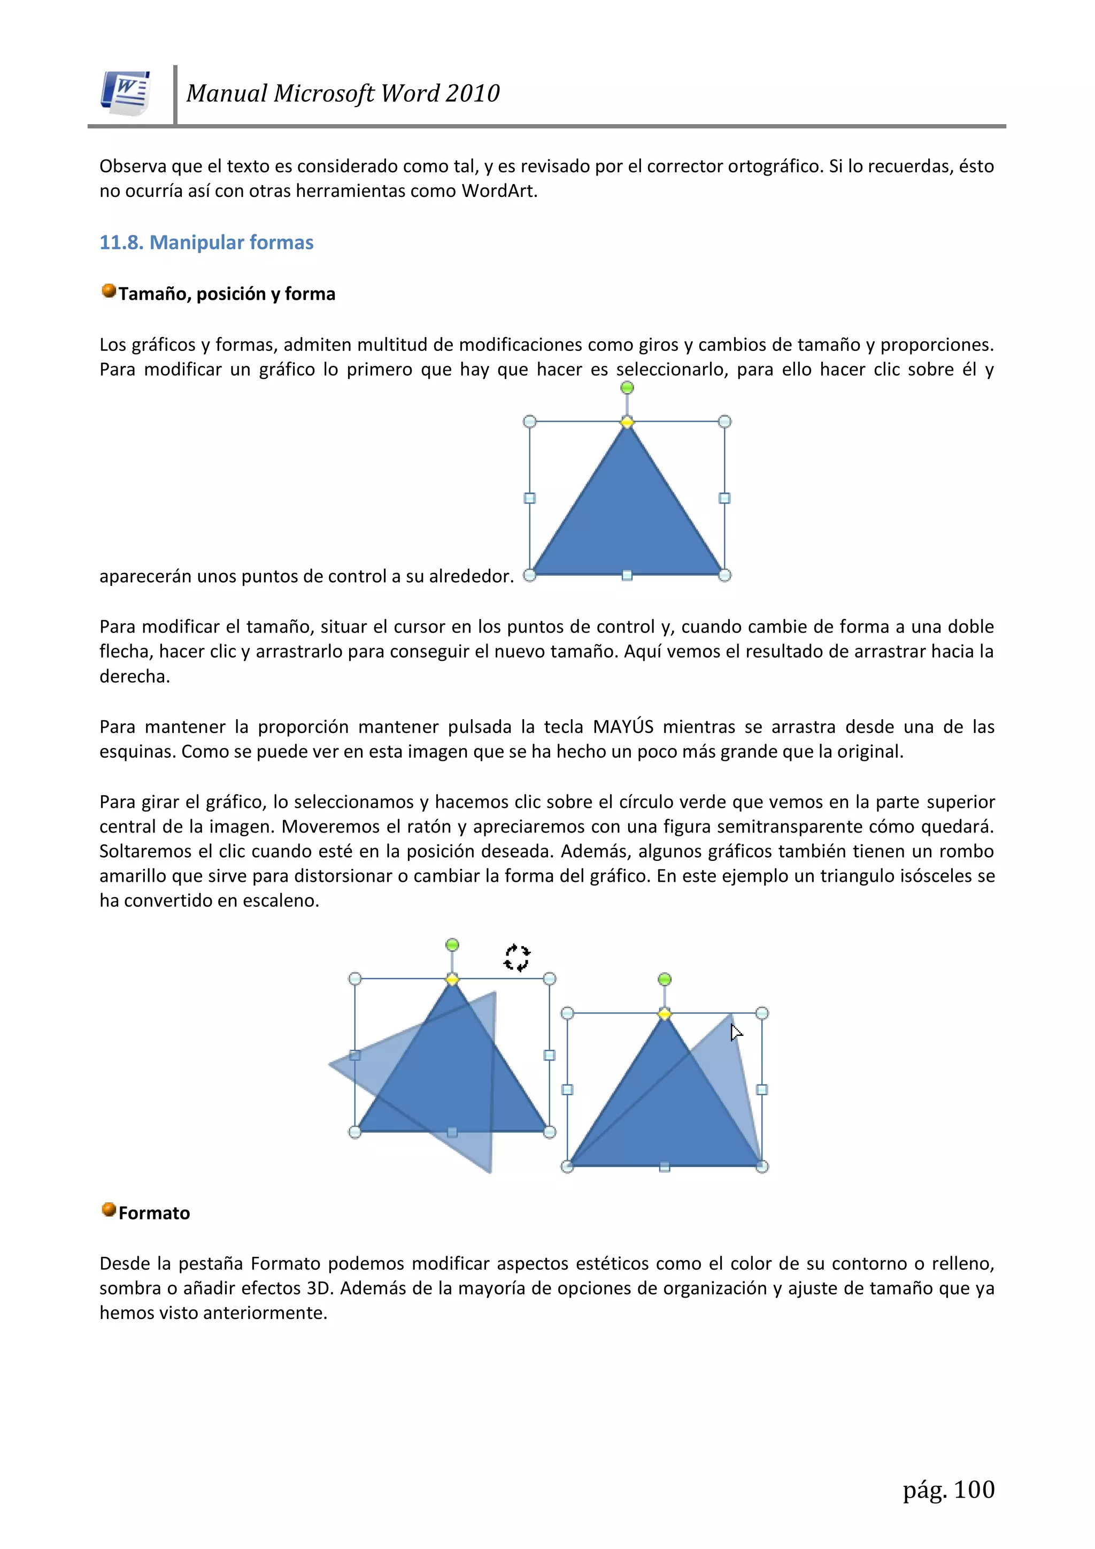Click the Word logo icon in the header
coord(126,93)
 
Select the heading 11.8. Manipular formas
coord(206,242)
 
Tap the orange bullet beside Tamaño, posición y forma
coord(109,291)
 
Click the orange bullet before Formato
coord(109,1210)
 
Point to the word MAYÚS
coord(623,727)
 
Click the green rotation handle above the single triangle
coord(627,388)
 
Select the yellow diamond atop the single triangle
coord(627,422)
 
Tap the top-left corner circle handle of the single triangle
coord(530,422)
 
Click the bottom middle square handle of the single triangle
coord(627,576)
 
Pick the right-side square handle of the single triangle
coord(725,498)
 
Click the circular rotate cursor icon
coord(517,957)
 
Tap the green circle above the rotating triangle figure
coord(452,944)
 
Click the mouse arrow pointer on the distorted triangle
coord(736,1032)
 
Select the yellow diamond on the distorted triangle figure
coord(665,1013)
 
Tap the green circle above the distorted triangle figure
coord(665,979)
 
